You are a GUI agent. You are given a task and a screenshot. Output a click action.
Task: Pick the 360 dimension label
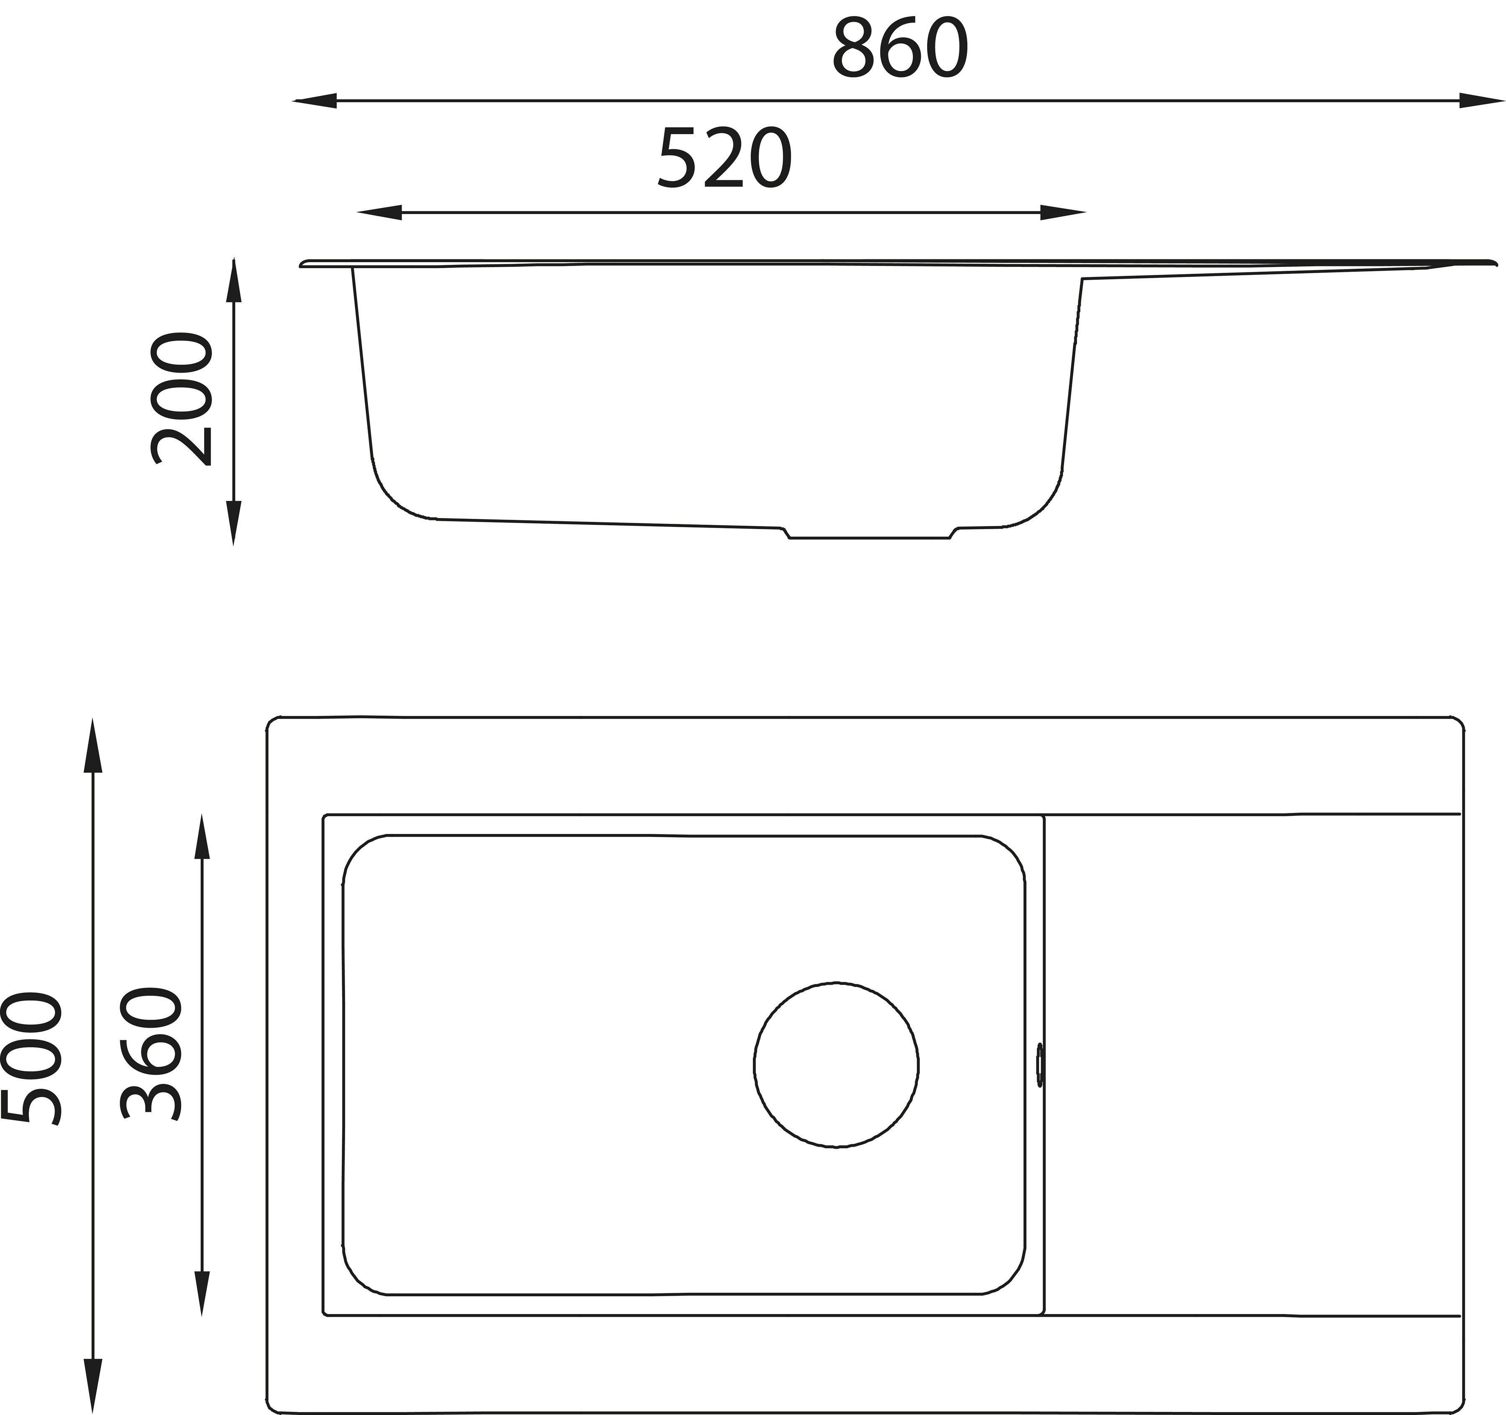(x=151, y=1054)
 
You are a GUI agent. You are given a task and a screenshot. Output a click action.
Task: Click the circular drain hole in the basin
(x=836, y=1065)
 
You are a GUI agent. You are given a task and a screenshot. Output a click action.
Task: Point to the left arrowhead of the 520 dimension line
(x=379, y=213)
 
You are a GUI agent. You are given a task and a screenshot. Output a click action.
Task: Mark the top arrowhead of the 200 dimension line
(x=233, y=280)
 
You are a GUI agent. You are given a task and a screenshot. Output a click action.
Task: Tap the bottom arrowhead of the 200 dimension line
(x=233, y=523)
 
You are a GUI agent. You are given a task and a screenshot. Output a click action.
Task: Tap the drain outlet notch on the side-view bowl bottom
(x=870, y=534)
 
